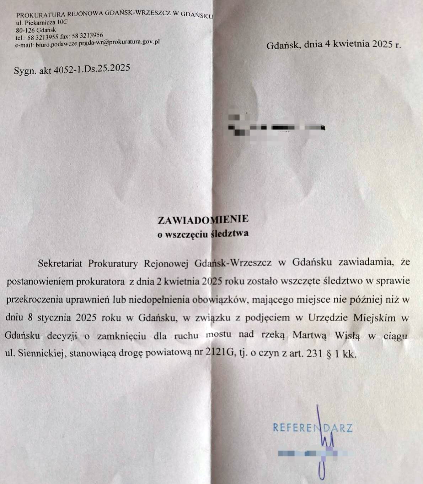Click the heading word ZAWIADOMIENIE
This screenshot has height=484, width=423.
click(203, 220)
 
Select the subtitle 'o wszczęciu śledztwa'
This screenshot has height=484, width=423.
click(203, 234)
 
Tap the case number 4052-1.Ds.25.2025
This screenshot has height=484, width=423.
click(92, 68)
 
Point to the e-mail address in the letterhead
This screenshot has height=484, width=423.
click(97, 43)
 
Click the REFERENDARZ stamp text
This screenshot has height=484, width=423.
click(312, 428)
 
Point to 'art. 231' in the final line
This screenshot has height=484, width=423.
click(308, 354)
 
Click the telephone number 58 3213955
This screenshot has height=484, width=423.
click(43, 37)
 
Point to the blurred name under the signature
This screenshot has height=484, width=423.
click(315, 454)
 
